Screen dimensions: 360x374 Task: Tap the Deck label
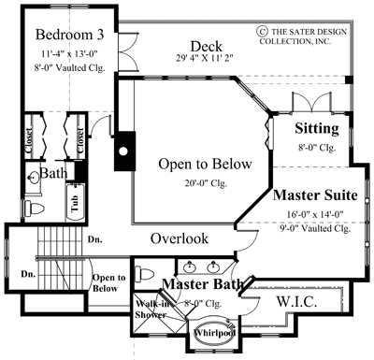point(205,46)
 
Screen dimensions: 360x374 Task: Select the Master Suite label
point(316,197)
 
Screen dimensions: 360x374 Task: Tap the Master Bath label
point(203,284)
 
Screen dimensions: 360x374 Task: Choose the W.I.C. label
point(299,302)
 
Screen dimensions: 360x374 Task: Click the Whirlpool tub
point(215,334)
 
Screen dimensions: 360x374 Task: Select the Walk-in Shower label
point(152,310)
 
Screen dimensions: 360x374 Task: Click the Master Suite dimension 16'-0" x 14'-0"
point(316,214)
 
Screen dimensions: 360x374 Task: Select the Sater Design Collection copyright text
point(312,35)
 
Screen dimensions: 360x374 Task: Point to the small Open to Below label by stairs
point(108,282)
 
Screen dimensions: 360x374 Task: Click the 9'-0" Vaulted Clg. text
point(316,227)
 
